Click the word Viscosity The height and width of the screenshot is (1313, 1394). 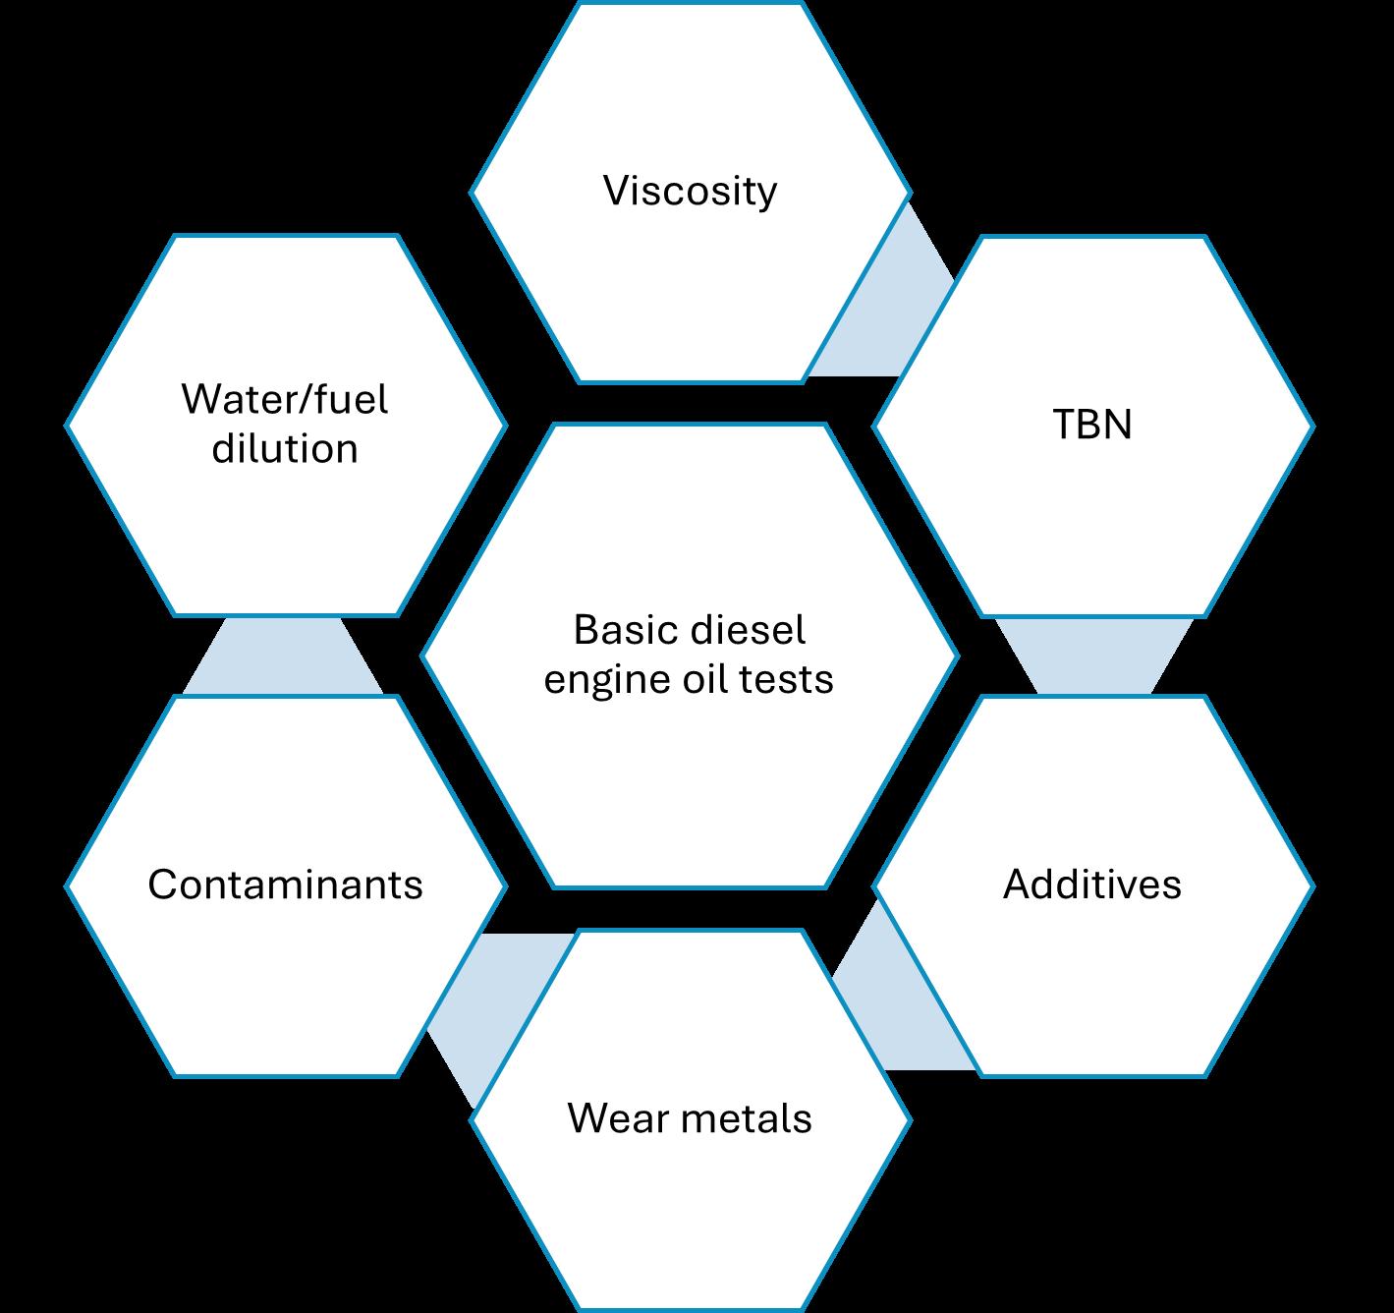(x=690, y=191)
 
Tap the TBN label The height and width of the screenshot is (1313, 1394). (x=1092, y=425)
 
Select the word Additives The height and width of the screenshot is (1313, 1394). (x=1092, y=885)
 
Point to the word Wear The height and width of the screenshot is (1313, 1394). (x=613, y=1118)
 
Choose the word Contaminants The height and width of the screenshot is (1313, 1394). (x=285, y=885)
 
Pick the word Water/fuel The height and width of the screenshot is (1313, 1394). (x=285, y=400)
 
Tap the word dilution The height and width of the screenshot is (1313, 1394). (x=285, y=449)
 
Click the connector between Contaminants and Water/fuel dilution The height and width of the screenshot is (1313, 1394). (x=284, y=656)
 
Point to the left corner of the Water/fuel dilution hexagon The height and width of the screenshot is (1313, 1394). (x=68, y=426)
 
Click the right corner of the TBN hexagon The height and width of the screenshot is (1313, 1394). (x=1311, y=427)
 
